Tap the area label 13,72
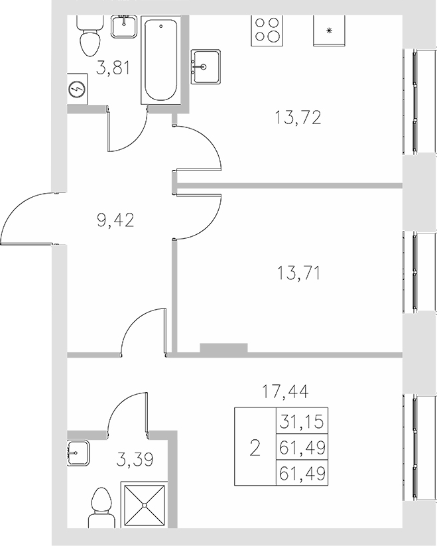tap(297, 118)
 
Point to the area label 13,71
tap(297, 272)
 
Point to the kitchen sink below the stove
tap(208, 66)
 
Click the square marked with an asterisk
tap(329, 31)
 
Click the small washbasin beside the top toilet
tap(124, 26)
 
